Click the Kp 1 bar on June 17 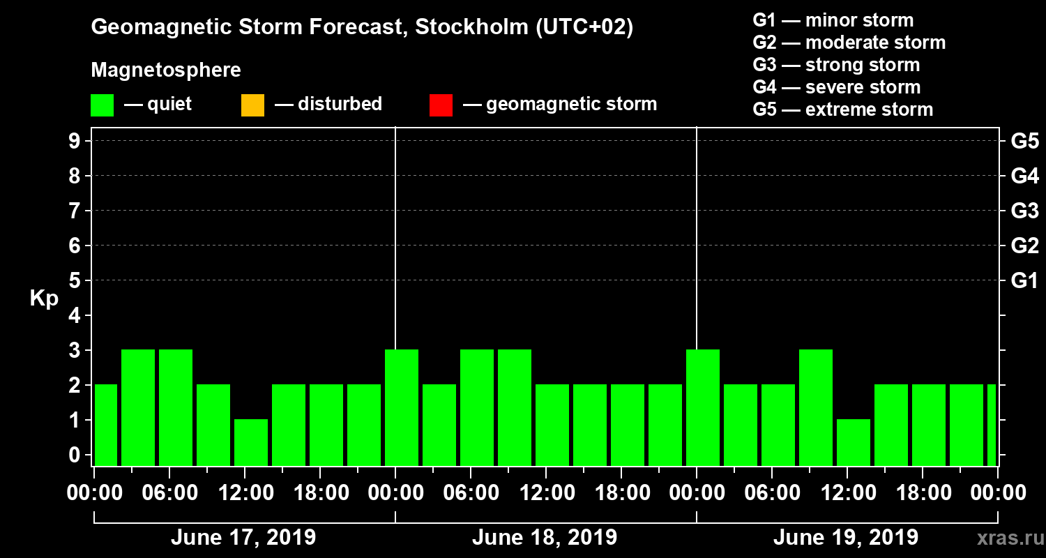coord(251,442)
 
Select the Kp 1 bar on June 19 coord(854,442)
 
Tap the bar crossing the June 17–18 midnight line coord(402,407)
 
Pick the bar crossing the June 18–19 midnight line coord(703,407)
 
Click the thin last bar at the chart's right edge coord(992,425)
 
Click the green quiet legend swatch coord(102,105)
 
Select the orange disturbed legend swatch coord(252,105)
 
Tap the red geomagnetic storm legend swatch coord(441,105)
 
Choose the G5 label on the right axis coord(1024,142)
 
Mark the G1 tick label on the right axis coord(1024,281)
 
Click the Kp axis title coord(44,299)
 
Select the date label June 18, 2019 coord(544,538)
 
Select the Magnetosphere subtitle coord(166,70)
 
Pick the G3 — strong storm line coord(836,65)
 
